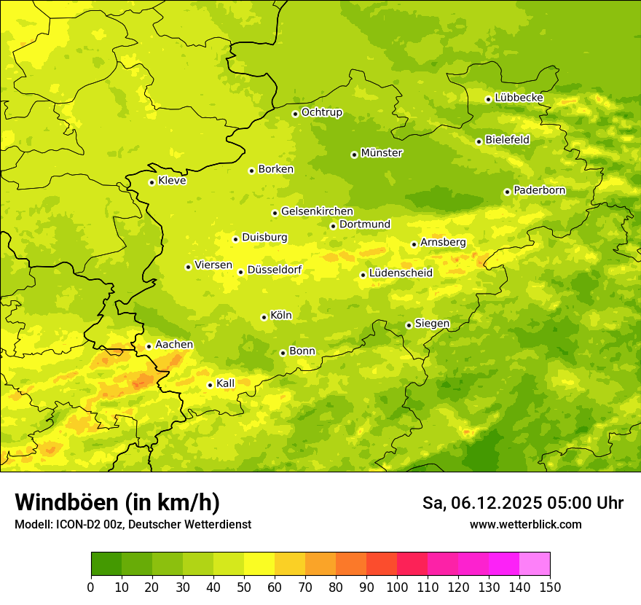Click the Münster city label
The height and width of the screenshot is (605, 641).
click(381, 153)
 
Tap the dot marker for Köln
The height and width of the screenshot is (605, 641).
click(264, 317)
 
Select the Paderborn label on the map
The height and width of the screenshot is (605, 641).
click(539, 190)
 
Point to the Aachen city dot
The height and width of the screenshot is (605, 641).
click(149, 346)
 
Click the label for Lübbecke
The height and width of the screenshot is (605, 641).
click(519, 98)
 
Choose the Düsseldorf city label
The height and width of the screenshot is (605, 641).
click(274, 270)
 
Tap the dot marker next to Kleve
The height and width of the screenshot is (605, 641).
click(152, 182)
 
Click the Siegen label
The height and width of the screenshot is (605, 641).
click(432, 324)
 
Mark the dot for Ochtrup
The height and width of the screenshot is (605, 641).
click(295, 114)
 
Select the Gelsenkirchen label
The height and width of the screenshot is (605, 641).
click(317, 211)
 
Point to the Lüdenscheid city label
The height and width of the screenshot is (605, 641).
click(401, 273)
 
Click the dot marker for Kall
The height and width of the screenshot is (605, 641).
click(210, 385)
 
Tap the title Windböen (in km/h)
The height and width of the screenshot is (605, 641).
click(117, 502)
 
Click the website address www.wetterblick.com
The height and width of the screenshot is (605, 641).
click(525, 524)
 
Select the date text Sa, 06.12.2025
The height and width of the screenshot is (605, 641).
click(481, 503)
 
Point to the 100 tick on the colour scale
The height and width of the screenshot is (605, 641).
click(397, 587)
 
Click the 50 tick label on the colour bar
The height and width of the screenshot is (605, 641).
click(244, 587)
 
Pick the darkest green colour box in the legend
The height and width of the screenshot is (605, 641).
click(106, 564)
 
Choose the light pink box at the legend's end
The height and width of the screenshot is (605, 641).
click(535, 564)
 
